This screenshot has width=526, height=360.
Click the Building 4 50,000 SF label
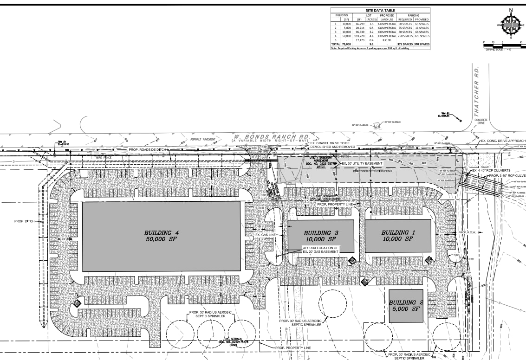[161, 236]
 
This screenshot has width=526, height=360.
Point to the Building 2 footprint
[405, 306]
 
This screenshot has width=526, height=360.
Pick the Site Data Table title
[381, 11]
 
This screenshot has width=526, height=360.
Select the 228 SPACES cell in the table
[422, 36]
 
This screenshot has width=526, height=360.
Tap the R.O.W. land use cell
[387, 40]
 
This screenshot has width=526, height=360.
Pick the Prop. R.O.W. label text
[468, 232]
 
